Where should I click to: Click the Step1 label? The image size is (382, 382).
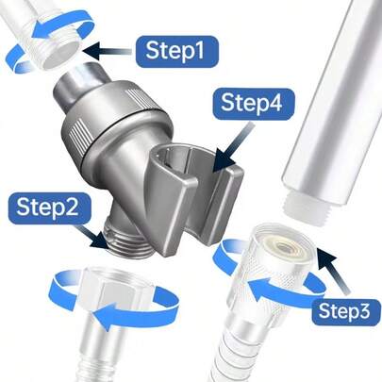point(177,51)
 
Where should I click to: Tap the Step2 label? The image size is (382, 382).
point(47,208)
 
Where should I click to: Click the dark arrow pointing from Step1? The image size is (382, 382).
point(107,51)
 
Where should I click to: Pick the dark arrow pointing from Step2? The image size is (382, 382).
point(94,238)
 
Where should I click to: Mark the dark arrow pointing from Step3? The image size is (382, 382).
point(332,271)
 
